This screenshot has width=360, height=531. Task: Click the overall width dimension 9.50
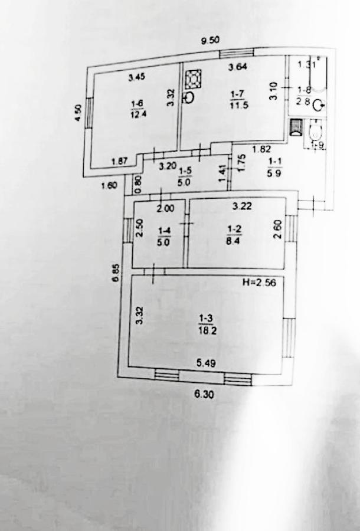(211, 41)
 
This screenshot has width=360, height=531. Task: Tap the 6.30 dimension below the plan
(204, 395)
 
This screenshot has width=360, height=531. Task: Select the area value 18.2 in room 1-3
(206, 331)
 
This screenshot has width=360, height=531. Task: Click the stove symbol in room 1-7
(193, 79)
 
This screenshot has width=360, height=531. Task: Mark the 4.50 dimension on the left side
(77, 113)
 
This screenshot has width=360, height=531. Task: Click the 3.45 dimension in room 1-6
(136, 76)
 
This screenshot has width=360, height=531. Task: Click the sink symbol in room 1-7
(189, 97)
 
